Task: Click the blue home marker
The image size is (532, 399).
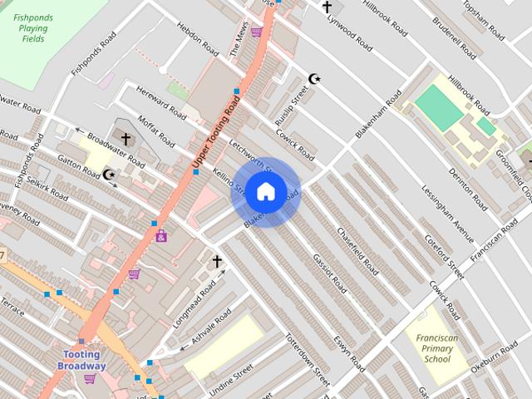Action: click(x=265, y=191)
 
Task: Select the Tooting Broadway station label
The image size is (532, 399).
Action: click(x=84, y=361)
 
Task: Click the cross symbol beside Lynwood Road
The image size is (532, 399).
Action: click(x=327, y=7)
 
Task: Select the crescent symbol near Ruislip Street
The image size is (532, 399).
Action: click(x=314, y=79)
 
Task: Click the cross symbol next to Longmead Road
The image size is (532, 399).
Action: click(x=218, y=262)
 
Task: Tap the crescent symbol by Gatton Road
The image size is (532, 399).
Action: click(x=109, y=174)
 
